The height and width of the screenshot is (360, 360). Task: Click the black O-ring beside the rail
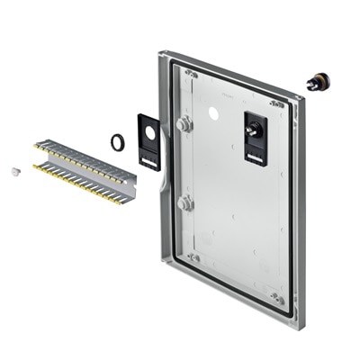pos(117,141)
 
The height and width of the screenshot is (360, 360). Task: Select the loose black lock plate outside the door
pos(149,141)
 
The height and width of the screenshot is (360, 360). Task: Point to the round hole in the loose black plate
pos(149,130)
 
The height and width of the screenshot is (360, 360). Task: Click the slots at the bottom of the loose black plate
pos(149,161)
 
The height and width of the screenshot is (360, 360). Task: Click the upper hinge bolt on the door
pos(184,125)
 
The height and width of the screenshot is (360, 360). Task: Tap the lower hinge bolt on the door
pos(185,203)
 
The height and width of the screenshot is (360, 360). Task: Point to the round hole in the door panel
pos(214,114)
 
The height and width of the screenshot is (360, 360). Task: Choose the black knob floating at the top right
pos(317,82)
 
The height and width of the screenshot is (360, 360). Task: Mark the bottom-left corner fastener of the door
pos(193,257)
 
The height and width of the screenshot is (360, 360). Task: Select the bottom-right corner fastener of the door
pos(276,298)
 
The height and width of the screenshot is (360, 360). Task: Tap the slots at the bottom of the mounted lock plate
pos(254,157)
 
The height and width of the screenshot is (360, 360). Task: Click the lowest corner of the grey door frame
pos(295,324)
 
